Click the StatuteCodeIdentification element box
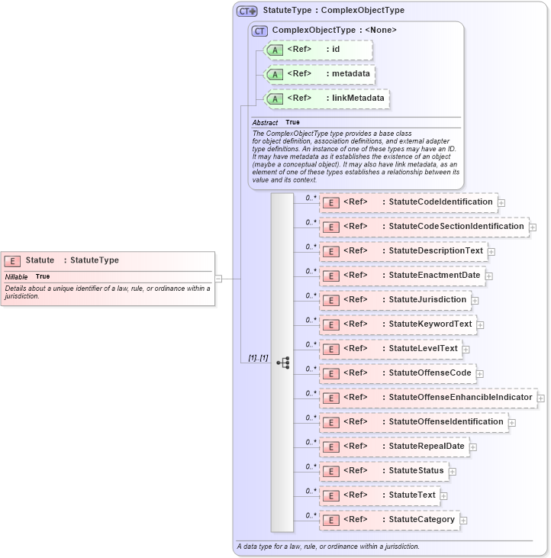(x=408, y=202)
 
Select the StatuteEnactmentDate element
(x=402, y=276)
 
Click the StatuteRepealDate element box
(x=394, y=447)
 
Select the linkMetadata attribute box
(x=326, y=98)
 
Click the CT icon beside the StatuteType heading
(x=246, y=11)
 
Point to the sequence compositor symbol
(x=282, y=363)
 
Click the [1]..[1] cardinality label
(x=259, y=358)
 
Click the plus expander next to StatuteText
(x=444, y=496)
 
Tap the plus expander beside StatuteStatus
(x=453, y=472)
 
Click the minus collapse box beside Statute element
(x=218, y=279)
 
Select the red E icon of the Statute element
(x=12, y=261)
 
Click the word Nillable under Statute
(x=17, y=276)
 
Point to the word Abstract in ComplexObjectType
(x=265, y=123)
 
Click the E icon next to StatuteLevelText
(x=331, y=349)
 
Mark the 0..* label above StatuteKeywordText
(x=311, y=320)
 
